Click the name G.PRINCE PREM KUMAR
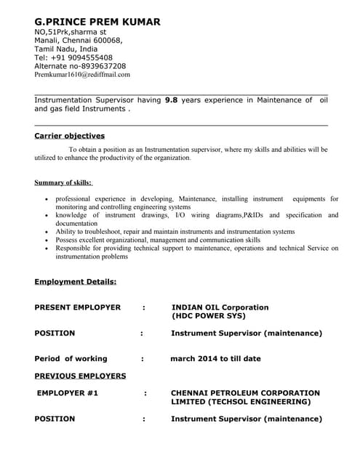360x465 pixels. (97, 22)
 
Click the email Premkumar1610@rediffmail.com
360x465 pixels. (82, 75)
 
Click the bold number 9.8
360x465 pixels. (171, 100)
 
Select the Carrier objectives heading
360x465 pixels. (70, 136)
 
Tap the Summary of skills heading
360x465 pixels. (63, 182)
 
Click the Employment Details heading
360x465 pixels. (76, 281)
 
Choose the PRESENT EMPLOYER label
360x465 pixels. (78, 307)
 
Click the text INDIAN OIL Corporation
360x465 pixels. (220, 307)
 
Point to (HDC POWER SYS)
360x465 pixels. (209, 316)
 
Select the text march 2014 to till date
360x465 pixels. (215, 358)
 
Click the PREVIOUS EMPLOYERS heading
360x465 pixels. (80, 376)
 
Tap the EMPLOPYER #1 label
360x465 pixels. (68, 393)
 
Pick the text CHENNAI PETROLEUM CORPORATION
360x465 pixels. (245, 393)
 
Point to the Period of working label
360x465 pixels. (71, 358)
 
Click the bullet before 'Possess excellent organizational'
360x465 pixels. (47, 240)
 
